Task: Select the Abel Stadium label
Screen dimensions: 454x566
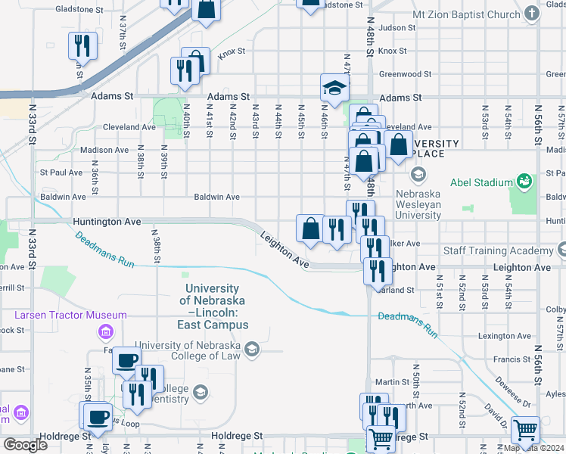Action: [x=481, y=182]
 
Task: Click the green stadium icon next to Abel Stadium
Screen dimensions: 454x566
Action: [x=523, y=182]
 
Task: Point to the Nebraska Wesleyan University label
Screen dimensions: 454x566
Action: [x=429, y=204]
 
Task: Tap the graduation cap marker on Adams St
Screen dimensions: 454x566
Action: [x=334, y=89]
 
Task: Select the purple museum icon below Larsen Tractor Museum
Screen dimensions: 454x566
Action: [x=105, y=331]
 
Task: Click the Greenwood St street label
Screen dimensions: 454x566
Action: [x=405, y=74]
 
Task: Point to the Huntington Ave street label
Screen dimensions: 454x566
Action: [x=107, y=222]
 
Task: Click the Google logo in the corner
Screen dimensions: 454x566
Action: [x=25, y=444]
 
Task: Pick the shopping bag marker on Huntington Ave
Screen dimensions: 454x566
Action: [x=310, y=229]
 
